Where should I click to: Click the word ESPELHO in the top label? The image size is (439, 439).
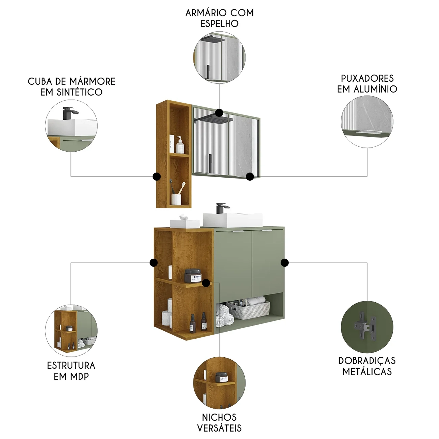219,24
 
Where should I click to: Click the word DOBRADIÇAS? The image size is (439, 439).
367,361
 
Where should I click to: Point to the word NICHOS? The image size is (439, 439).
219,417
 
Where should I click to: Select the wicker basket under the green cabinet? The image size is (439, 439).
248,310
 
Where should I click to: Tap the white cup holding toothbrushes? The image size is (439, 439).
176,199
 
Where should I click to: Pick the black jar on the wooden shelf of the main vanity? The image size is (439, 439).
193,276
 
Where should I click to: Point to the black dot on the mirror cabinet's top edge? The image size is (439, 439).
219,113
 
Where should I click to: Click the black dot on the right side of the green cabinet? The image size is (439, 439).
284,263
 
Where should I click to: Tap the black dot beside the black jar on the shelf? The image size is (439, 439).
206,283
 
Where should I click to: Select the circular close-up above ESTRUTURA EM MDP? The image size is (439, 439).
71,330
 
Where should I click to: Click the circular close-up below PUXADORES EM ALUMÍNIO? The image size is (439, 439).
367,121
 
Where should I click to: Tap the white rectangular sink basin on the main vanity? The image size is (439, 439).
233,220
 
